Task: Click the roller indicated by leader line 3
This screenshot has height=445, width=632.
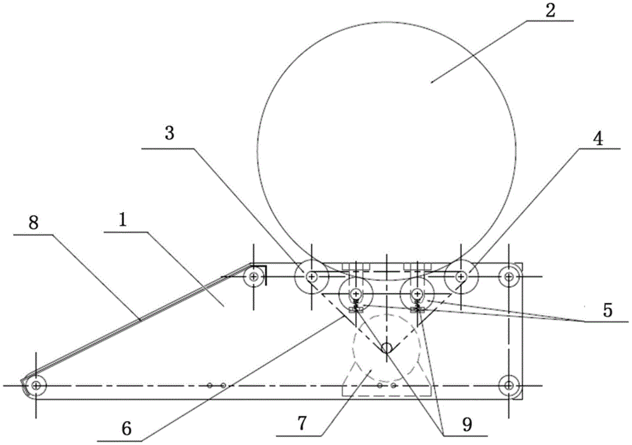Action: pyautogui.click(x=312, y=276)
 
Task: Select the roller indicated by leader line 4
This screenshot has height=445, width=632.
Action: pyautogui.click(x=461, y=276)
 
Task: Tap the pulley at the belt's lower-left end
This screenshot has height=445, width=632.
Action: pyautogui.click(x=37, y=384)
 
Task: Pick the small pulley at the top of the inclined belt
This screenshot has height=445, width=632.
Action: pyautogui.click(x=254, y=276)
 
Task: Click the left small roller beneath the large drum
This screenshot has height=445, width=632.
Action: pyautogui.click(x=355, y=294)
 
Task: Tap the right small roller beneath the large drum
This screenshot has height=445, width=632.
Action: pyautogui.click(x=417, y=294)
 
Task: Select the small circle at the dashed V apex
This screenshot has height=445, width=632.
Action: pyautogui.click(x=386, y=347)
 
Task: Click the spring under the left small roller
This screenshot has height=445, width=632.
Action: pyautogui.click(x=356, y=307)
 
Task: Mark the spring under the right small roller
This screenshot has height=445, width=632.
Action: pyautogui.click(x=417, y=307)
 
